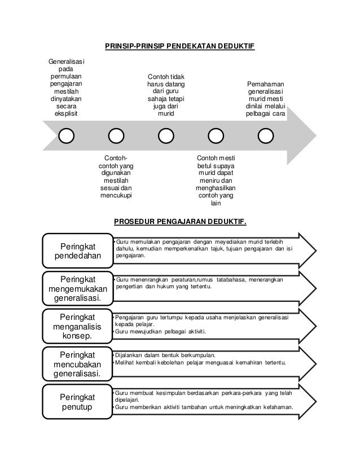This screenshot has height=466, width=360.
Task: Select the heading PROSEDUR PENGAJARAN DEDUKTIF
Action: pyautogui.click(x=181, y=221)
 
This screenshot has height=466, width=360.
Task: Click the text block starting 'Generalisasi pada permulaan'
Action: pyautogui.click(x=67, y=87)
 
